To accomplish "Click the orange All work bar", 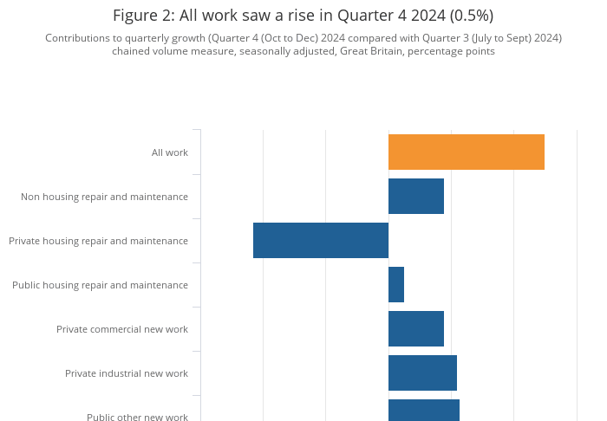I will tap(466, 152).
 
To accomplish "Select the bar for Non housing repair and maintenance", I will tap(415, 197).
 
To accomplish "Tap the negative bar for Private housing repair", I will tap(321, 240).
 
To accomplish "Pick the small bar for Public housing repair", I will tap(396, 284).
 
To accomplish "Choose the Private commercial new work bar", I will tap(415, 328).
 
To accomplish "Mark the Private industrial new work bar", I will tap(422, 372).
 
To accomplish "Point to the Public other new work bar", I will tap(423, 410).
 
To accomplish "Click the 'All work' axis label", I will tap(170, 152).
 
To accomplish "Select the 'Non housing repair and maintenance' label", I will tap(104, 197).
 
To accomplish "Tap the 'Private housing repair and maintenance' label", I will tap(98, 240).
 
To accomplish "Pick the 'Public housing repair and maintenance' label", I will tap(100, 284).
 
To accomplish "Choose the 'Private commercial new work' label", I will tap(122, 328).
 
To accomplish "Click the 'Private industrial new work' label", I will tap(127, 372).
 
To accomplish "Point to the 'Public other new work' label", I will tap(137, 417).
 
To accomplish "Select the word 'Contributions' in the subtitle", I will tap(79, 38).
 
